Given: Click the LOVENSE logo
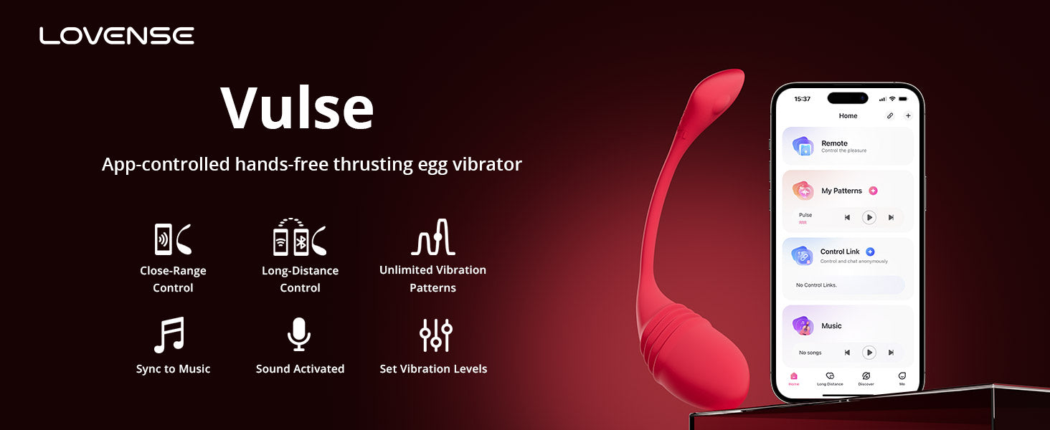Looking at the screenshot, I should click(x=116, y=36).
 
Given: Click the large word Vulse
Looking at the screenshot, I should click(x=297, y=108).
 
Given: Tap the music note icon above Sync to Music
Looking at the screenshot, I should click(x=170, y=335).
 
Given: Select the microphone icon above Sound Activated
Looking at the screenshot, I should click(x=299, y=335).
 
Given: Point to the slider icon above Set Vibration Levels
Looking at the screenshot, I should click(x=435, y=335).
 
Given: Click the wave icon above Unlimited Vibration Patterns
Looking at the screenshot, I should click(x=433, y=237).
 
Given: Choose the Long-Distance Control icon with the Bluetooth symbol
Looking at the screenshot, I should click(x=300, y=237).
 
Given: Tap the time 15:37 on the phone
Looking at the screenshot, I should click(x=803, y=99).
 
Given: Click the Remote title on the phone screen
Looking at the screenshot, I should click(x=834, y=143).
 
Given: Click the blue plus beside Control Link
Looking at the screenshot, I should click(x=870, y=252).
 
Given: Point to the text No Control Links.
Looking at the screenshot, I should click(x=816, y=285).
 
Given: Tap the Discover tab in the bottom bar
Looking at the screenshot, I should click(x=866, y=378).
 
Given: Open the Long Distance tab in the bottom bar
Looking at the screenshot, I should click(x=830, y=378).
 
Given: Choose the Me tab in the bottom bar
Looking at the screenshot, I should click(x=902, y=378).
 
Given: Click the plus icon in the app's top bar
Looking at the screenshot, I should click(x=908, y=115).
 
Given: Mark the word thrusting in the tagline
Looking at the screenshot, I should click(x=374, y=164).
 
